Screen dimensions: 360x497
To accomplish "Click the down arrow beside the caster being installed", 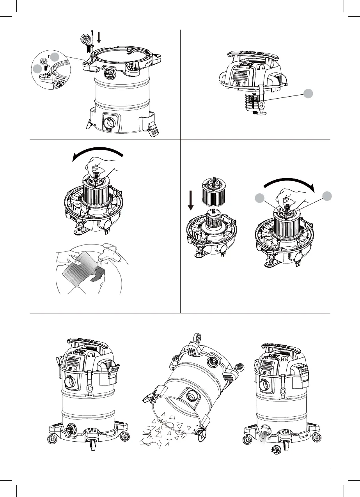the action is [99, 37].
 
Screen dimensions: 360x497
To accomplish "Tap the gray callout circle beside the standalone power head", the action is [308, 94].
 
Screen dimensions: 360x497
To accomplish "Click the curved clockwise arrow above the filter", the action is [289, 184].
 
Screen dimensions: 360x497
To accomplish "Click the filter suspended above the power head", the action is [214, 191].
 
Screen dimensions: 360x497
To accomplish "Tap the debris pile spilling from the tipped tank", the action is [164, 431].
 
